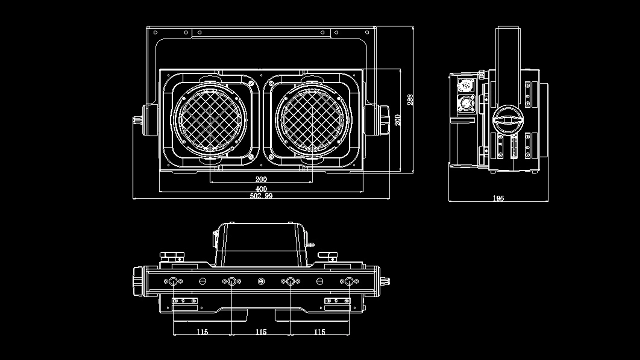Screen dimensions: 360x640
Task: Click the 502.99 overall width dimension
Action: (261, 196)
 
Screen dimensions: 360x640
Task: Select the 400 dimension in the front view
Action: (261, 189)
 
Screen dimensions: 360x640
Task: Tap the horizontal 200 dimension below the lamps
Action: (261, 179)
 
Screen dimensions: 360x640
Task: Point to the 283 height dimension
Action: (410, 100)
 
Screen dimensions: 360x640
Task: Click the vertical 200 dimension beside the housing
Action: (398, 120)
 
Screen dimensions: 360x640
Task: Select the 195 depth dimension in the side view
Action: (498, 198)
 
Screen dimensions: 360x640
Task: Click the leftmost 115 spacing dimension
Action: (202, 332)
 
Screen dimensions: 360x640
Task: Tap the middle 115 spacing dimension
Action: (261, 332)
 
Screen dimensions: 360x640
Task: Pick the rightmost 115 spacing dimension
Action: (319, 332)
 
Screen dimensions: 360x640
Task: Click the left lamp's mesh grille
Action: (210, 120)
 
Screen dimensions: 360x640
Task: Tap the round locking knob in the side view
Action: (509, 120)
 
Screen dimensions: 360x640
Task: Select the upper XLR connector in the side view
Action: (466, 85)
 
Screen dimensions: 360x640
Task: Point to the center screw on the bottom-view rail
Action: (261, 282)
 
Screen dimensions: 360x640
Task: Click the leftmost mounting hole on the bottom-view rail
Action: (173, 282)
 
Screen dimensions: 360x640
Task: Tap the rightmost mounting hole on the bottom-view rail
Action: (349, 282)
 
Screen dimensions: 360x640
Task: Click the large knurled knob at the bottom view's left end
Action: (138, 282)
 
